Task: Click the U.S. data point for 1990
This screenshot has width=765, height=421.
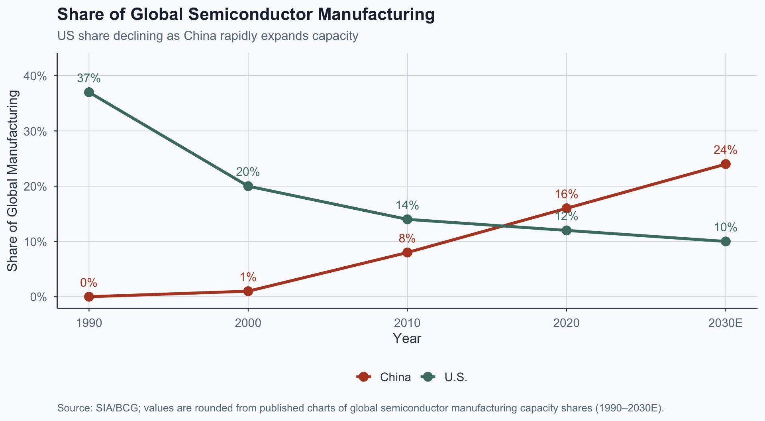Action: [x=89, y=92]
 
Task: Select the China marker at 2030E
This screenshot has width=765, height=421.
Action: [x=726, y=164]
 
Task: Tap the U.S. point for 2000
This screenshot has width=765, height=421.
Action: [x=248, y=186]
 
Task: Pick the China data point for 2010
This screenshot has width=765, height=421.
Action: [x=407, y=252]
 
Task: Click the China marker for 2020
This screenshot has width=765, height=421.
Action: [x=566, y=208]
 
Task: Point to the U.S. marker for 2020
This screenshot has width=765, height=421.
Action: [x=566, y=230]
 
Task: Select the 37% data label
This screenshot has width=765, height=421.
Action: [x=89, y=78]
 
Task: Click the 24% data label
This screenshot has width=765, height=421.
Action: [x=725, y=150]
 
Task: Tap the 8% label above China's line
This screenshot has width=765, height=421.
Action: [x=407, y=238]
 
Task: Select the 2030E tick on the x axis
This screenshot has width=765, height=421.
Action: [x=726, y=323]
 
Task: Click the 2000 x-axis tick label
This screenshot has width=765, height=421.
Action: [x=248, y=323]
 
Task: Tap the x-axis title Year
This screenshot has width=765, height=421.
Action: [x=407, y=338]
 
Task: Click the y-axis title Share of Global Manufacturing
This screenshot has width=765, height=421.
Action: [x=13, y=181]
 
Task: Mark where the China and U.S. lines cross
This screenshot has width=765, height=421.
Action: [x=504, y=226]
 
